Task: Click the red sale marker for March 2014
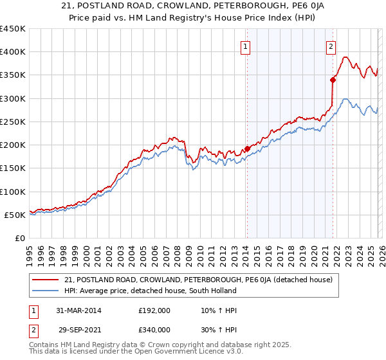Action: click(247, 149)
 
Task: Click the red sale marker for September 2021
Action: click(333, 80)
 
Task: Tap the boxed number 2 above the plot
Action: click(331, 46)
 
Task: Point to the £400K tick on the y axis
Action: click(13, 52)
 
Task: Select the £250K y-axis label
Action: click(13, 122)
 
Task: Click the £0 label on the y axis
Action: click(19, 239)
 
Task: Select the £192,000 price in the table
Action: click(154, 310)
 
